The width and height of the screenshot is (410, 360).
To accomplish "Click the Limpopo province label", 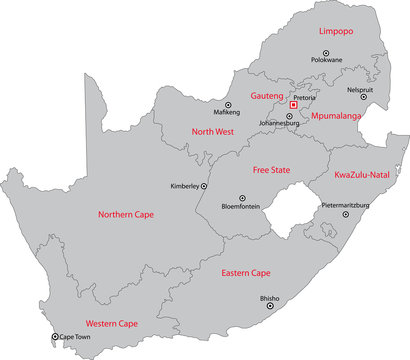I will point(336,32).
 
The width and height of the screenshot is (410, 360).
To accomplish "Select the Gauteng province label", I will point(267,93).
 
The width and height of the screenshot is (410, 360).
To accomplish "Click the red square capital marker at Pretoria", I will point(293,104).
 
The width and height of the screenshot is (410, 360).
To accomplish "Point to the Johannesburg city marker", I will point(290,116).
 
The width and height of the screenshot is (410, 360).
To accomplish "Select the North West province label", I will point(212,131).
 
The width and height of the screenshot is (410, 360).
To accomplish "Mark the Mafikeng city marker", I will point(228,105).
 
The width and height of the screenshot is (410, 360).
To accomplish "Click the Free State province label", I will point(271,170).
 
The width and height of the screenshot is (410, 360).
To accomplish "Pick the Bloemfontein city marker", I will point(240,198).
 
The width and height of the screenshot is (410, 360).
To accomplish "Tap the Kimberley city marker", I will point(205,186).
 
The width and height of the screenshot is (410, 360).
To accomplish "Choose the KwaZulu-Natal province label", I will point(361,174).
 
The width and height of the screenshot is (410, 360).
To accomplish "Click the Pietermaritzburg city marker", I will point(346,214).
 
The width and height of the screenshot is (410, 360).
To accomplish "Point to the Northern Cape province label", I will point(126,214).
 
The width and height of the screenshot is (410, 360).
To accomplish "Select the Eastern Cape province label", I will point(246,272).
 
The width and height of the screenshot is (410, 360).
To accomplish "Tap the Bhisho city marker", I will point(269,306).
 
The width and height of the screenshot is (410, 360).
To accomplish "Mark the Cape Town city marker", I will point(55,337).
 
